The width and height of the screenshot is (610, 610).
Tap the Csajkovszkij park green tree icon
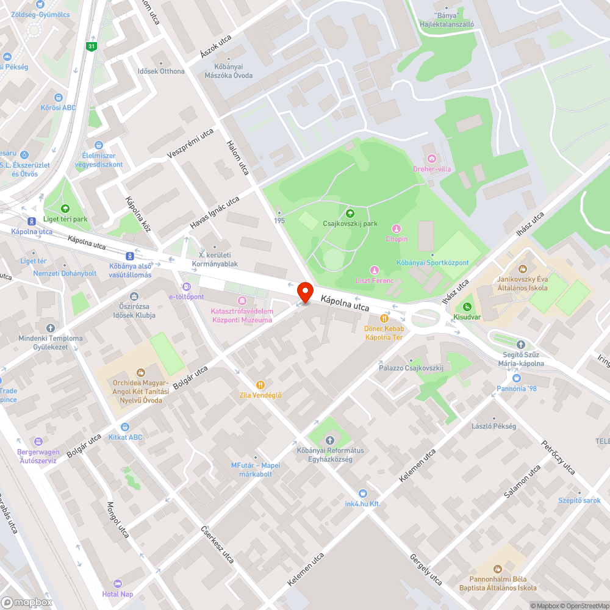coord(350,213)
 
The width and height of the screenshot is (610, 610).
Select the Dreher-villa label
coord(432,169)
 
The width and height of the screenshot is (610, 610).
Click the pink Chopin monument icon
coord(396,229)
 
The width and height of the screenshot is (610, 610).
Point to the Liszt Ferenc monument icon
coord(375,270)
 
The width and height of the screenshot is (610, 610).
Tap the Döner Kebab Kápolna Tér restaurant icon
coord(384,318)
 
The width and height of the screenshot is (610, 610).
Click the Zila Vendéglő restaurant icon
coord(260,384)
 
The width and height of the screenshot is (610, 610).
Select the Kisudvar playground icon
coord(467,307)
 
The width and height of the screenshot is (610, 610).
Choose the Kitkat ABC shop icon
coord(125,427)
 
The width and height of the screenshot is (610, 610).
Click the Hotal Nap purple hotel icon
coord(118,584)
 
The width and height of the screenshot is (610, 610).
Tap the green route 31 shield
coord(91,46)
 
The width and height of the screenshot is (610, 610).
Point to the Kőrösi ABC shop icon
coord(59,97)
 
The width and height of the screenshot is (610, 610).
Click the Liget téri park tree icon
coord(65,209)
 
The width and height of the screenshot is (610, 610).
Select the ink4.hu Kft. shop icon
coord(363,493)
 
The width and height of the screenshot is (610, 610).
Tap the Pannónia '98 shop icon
coord(517,378)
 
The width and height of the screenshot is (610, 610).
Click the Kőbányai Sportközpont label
coord(433,263)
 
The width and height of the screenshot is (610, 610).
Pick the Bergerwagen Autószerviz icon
coord(38,441)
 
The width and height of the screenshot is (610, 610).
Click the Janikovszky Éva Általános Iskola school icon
coord(522,268)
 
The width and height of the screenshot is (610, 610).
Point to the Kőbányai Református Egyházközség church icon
coord(331,440)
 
